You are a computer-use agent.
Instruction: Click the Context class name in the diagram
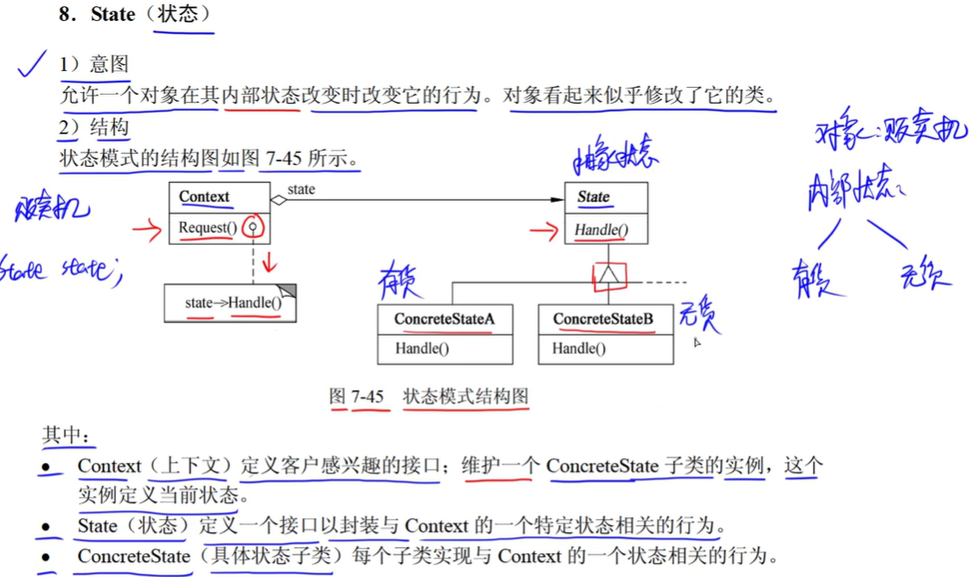click(204, 197)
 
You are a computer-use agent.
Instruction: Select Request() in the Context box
click(207, 228)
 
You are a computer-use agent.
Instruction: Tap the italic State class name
click(593, 197)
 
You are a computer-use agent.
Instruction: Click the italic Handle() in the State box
click(601, 231)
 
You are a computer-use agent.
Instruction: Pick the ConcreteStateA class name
click(444, 319)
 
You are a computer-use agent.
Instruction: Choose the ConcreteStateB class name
click(603, 319)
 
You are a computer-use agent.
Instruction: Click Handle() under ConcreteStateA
click(422, 349)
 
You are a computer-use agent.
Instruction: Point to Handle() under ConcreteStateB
click(579, 349)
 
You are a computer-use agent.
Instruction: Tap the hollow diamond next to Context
click(278, 200)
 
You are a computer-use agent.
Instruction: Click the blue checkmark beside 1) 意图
click(33, 63)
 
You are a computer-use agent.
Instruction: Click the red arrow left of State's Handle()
click(545, 232)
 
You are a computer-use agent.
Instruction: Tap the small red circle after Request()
click(254, 227)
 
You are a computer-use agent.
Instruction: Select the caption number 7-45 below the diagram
click(368, 397)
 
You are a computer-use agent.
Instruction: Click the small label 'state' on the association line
click(301, 189)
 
